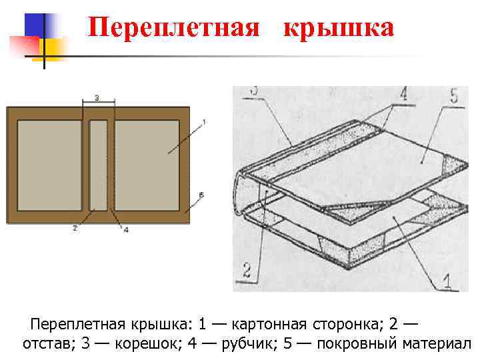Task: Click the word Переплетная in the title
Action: coord(173,28)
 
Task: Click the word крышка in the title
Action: coord(338,28)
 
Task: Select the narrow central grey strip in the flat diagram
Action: coord(98,164)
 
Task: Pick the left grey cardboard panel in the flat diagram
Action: coord(49,164)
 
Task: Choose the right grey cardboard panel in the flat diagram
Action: coord(147,164)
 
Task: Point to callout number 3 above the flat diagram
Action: coord(97,98)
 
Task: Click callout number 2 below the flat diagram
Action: coord(75,227)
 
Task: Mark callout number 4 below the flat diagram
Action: coord(125,229)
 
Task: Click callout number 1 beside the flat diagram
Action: coord(203,122)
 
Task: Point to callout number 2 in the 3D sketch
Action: coord(246,270)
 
